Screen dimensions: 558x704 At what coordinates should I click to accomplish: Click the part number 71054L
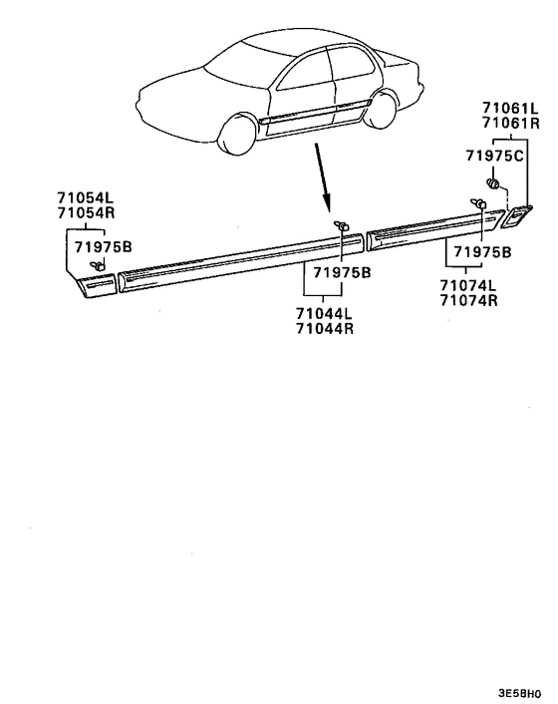[x=86, y=197]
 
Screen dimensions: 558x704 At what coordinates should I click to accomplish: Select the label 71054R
[x=86, y=212]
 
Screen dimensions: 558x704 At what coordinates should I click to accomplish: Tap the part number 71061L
[x=511, y=108]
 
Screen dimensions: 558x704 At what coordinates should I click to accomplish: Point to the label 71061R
[x=511, y=123]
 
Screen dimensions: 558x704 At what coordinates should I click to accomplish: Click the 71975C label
[x=494, y=156]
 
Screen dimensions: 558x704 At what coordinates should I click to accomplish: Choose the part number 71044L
[x=324, y=312]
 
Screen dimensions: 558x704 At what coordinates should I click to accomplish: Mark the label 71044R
[x=324, y=328]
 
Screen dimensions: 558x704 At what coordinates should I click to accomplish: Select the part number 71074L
[x=468, y=285]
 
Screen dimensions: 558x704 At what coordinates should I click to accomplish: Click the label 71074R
[x=468, y=300]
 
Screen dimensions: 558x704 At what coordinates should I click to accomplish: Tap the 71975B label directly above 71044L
[x=342, y=272]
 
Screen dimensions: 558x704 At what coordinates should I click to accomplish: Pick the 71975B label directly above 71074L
[x=482, y=252]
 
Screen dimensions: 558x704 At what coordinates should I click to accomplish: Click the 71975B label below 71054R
[x=104, y=246]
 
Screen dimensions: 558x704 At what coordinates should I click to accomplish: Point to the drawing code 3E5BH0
[x=520, y=693]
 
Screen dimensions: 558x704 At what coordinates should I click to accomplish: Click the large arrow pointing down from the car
[x=323, y=176]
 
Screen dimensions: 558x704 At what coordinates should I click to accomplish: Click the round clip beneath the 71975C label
[x=493, y=183]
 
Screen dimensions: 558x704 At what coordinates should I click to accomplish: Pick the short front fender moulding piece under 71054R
[x=97, y=285]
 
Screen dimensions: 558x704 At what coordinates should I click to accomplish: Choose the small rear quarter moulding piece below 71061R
[x=516, y=216]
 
